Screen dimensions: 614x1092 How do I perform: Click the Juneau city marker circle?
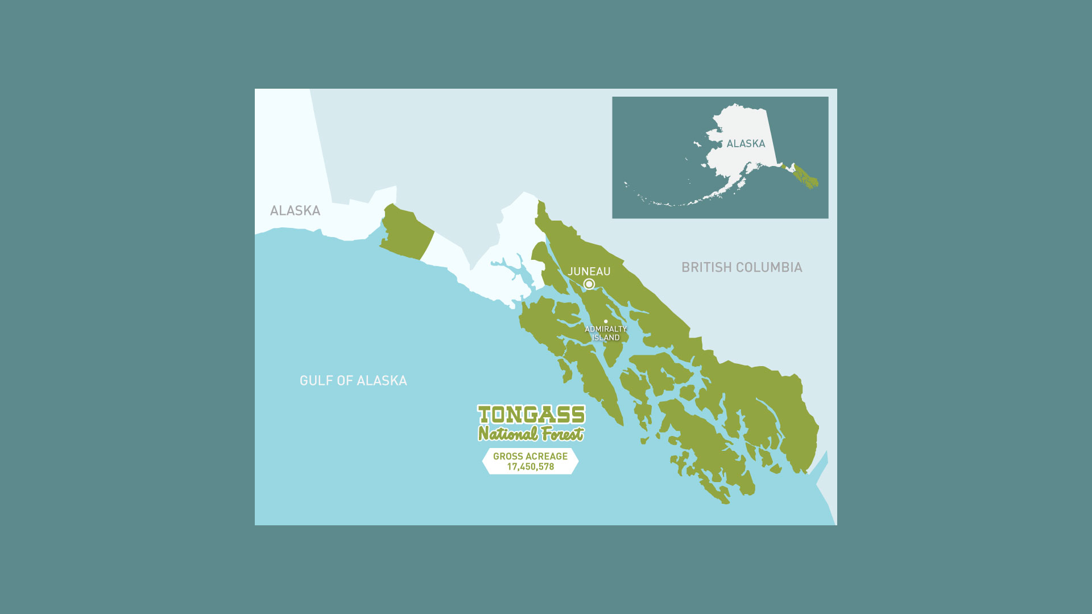pyautogui.click(x=589, y=284)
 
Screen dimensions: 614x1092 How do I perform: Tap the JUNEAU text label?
pyautogui.click(x=589, y=272)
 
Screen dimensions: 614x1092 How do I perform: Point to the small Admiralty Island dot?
pyautogui.click(x=606, y=321)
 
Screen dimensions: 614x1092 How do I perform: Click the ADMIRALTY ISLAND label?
pyautogui.click(x=605, y=333)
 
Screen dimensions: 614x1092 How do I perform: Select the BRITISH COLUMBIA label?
pyautogui.click(x=742, y=267)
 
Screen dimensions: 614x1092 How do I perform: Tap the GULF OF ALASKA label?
pyautogui.click(x=353, y=380)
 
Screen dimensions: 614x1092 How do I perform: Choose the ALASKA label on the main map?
pyautogui.click(x=295, y=210)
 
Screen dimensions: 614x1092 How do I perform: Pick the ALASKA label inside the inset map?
pyautogui.click(x=746, y=144)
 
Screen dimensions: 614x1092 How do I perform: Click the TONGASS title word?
pyautogui.click(x=531, y=414)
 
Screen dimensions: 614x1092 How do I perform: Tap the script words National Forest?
pyautogui.click(x=531, y=434)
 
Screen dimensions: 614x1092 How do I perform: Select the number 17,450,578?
pyautogui.click(x=530, y=467)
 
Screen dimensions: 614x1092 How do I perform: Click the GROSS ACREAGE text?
pyautogui.click(x=530, y=456)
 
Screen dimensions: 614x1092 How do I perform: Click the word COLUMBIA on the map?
pyautogui.click(x=772, y=267)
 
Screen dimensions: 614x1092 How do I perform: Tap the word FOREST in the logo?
pyautogui.click(x=562, y=434)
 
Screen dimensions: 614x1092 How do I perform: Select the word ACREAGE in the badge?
pyautogui.click(x=547, y=456)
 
